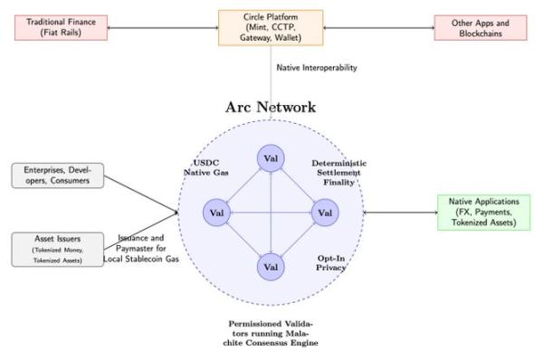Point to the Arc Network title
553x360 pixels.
pos(271,108)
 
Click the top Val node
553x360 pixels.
pos(271,158)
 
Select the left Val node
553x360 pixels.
pos(216,213)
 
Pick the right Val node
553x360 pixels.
pos(325,213)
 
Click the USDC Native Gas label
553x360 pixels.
pos(203,168)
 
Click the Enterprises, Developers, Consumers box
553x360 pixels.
pos(56,175)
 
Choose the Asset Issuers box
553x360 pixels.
pos(56,249)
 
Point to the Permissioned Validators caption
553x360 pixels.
pos(271,332)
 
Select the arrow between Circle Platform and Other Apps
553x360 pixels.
pos(377,27)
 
